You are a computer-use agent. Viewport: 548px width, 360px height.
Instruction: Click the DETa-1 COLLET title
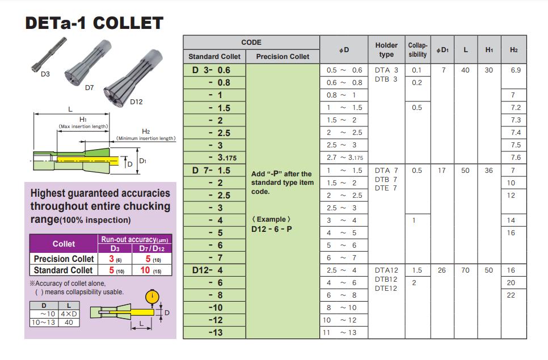[94, 23]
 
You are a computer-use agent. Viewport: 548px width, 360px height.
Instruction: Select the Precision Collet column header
[283, 57]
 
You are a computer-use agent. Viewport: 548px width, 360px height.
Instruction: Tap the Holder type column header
[386, 50]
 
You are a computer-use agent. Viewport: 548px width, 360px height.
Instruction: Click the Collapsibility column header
[418, 50]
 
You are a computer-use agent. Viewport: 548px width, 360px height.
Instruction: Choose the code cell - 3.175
[219, 158]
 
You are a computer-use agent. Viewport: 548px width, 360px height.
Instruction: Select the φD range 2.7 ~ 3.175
[345, 158]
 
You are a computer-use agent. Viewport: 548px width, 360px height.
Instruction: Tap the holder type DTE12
[386, 289]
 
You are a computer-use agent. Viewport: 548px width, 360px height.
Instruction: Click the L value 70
[465, 270]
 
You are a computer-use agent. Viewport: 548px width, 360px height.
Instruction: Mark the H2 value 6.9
[515, 70]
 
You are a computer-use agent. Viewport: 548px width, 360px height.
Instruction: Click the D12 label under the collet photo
[136, 102]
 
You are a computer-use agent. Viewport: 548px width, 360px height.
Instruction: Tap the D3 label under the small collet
[45, 74]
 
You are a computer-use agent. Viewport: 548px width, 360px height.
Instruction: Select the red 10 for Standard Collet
[145, 270]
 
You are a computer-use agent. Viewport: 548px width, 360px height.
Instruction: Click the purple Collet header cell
[64, 244]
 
